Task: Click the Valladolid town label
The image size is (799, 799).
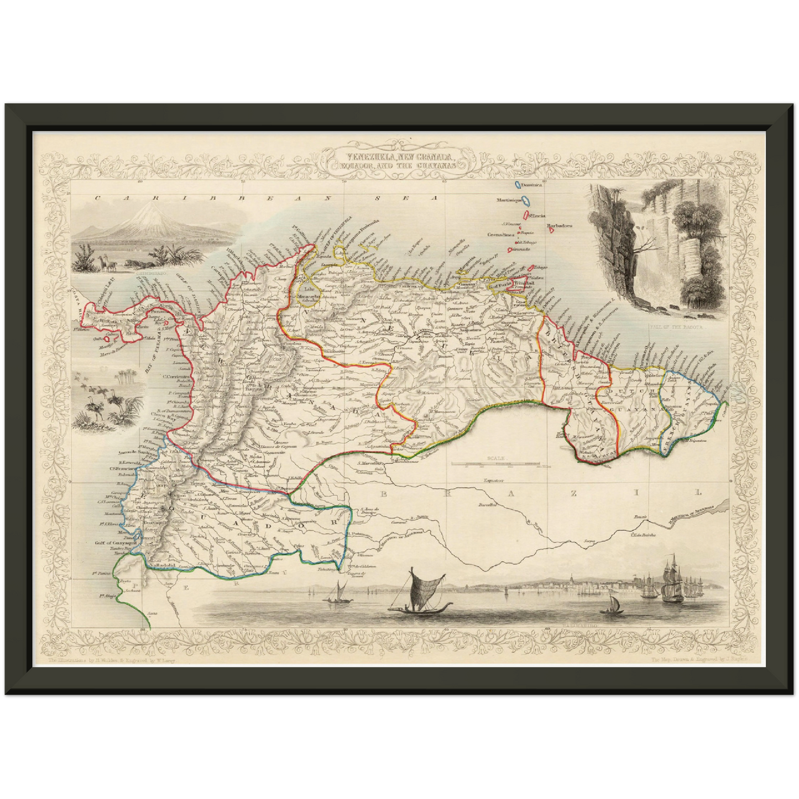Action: click(x=161, y=566)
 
